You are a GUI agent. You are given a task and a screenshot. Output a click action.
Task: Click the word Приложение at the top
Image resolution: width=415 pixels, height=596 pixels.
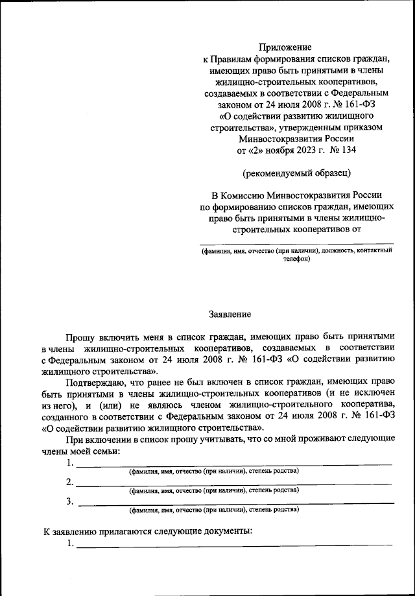285,47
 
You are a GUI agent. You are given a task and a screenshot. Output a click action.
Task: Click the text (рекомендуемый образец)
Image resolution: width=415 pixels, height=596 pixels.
296,173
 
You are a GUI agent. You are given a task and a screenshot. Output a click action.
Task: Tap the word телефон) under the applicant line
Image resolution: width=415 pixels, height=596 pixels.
296,259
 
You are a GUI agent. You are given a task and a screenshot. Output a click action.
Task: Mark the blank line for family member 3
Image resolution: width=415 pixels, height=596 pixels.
233,502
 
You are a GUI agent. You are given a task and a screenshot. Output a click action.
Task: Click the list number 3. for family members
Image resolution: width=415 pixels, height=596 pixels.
69,501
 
